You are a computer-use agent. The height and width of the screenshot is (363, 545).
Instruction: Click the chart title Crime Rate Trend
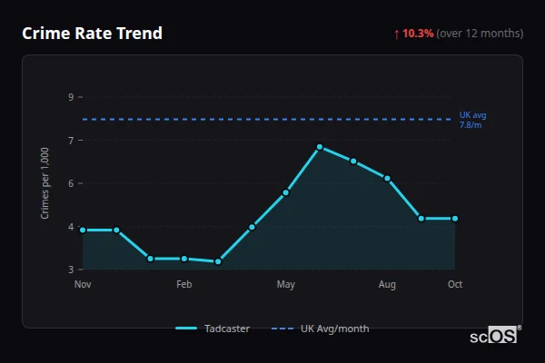click(92, 34)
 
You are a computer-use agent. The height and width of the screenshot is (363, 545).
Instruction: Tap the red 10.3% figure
click(418, 34)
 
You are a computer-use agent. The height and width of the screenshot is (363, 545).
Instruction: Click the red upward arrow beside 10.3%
click(397, 34)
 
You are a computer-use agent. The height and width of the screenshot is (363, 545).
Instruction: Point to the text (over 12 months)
click(480, 34)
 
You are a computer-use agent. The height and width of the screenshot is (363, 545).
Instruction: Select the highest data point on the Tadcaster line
click(320, 146)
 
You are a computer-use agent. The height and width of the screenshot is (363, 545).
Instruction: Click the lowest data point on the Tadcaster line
click(218, 261)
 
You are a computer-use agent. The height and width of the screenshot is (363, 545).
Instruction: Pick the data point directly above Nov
click(83, 230)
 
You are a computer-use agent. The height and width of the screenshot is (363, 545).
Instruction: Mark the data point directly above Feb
click(184, 259)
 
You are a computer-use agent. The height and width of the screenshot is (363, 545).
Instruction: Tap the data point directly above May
click(286, 192)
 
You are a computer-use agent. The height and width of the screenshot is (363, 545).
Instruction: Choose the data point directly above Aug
click(388, 179)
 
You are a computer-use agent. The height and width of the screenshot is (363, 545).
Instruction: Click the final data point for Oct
click(455, 219)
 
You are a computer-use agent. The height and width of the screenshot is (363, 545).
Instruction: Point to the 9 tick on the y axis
click(71, 96)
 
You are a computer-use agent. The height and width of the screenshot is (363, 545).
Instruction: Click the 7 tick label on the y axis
click(71, 140)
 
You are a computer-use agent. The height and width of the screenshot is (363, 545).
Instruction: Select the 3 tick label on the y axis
click(71, 270)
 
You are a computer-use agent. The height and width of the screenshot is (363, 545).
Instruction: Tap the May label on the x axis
click(286, 285)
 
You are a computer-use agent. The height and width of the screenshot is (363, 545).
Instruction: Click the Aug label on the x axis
click(388, 285)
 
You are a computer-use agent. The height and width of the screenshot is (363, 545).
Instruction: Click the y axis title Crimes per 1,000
click(45, 182)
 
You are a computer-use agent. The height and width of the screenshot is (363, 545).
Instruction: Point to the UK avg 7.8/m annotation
click(473, 120)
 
